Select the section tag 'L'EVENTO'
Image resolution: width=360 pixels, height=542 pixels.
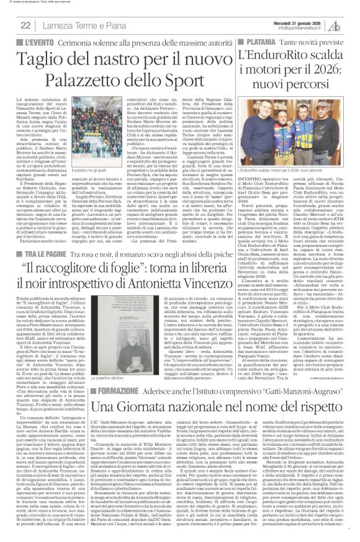click(x=30, y=40)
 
